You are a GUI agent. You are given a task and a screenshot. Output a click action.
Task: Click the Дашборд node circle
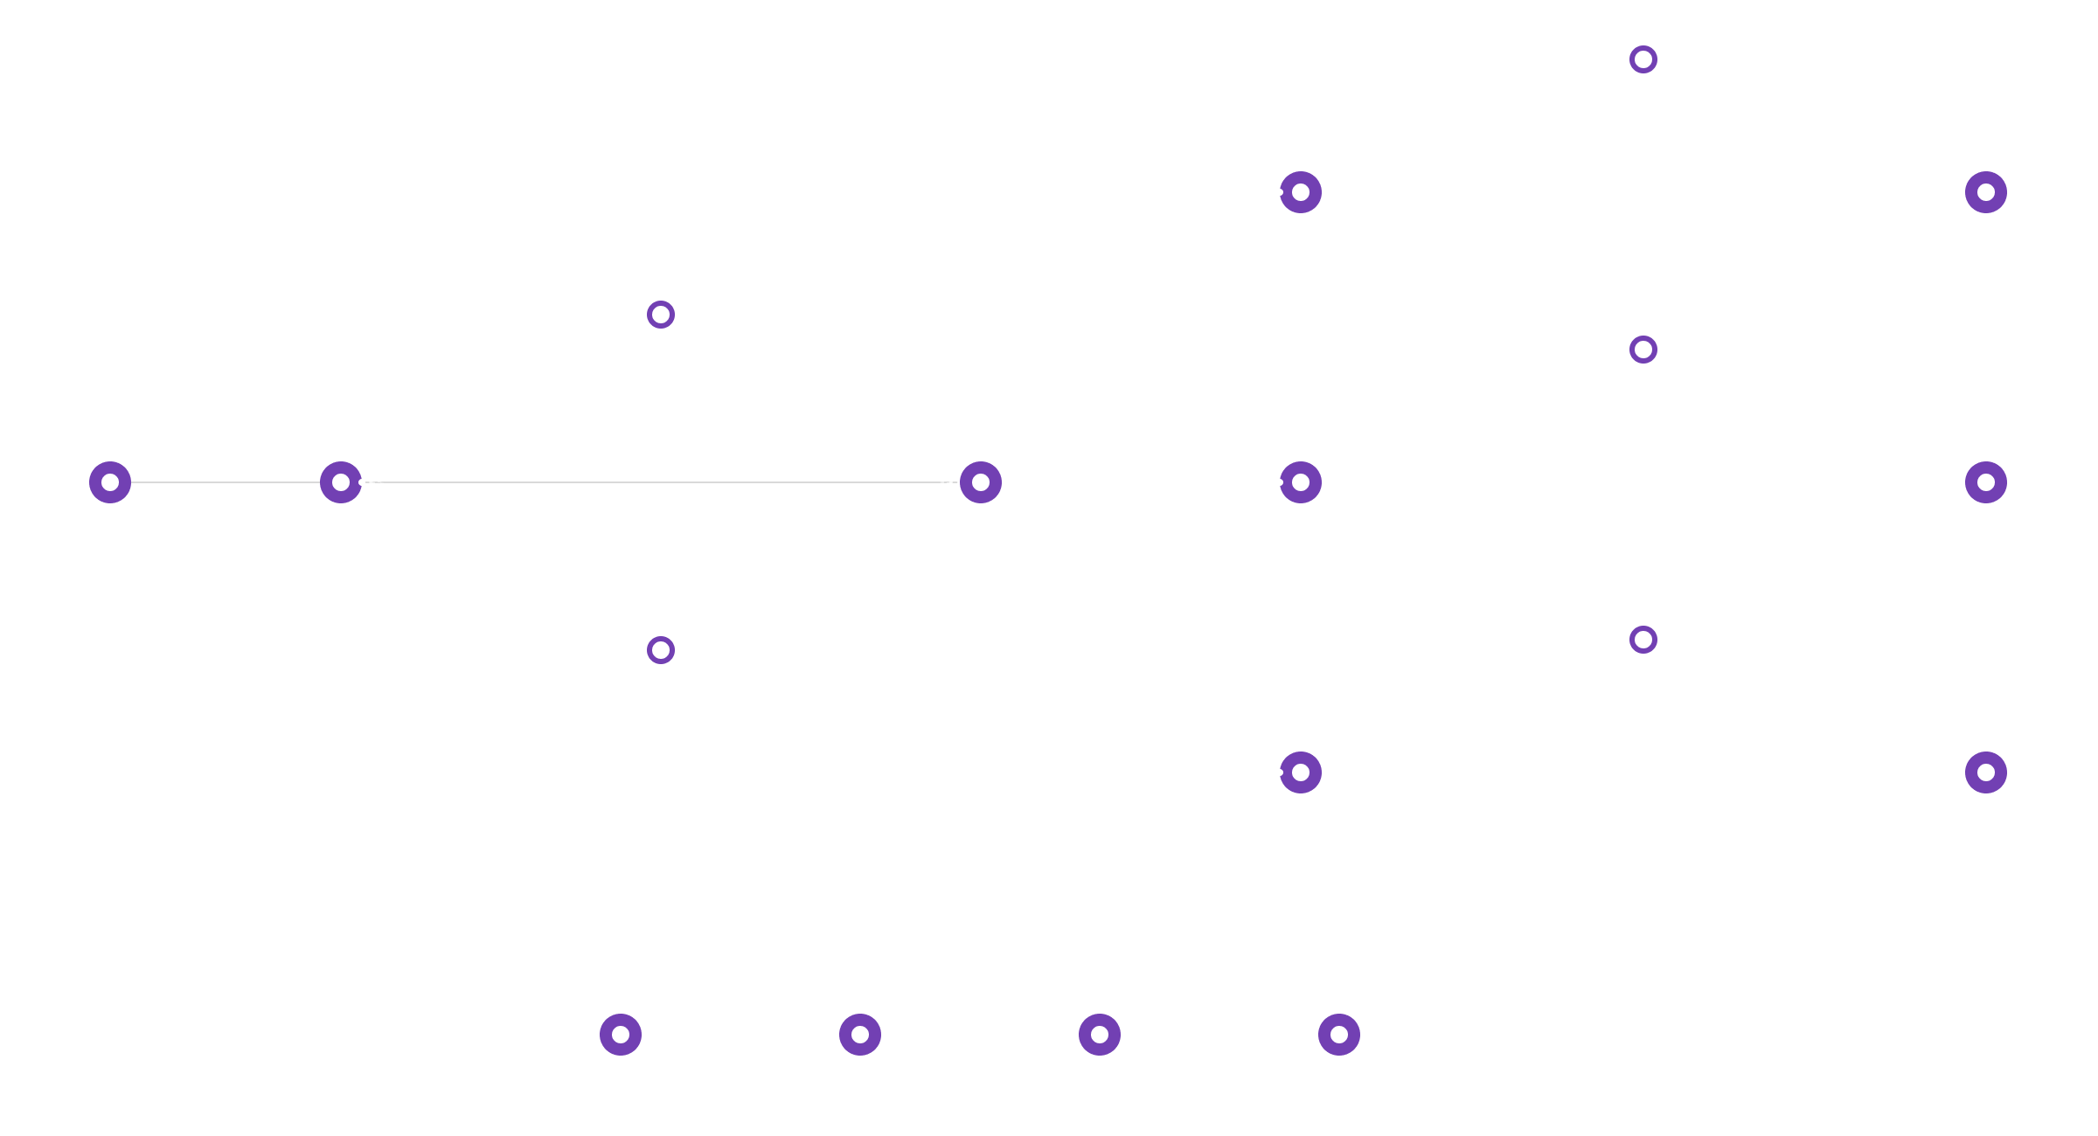pyautogui.click(x=981, y=482)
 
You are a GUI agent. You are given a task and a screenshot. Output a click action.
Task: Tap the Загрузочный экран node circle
pyautogui.click(x=110, y=482)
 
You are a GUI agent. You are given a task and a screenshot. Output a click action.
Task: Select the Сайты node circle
pyautogui.click(x=1301, y=192)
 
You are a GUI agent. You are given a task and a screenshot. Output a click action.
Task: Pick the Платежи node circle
pyautogui.click(x=1301, y=482)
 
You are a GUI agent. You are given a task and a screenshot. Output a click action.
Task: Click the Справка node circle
pyautogui.click(x=1301, y=772)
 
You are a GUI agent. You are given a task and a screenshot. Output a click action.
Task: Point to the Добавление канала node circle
pyautogui.click(x=1986, y=192)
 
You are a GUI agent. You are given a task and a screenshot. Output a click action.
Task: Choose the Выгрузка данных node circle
pyautogui.click(x=1986, y=482)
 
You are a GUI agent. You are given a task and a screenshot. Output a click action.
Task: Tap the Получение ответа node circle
pyautogui.click(x=1986, y=772)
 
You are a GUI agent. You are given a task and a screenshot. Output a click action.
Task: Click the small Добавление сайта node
pyautogui.click(x=1643, y=59)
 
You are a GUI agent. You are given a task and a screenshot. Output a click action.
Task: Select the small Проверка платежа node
pyautogui.click(x=1643, y=350)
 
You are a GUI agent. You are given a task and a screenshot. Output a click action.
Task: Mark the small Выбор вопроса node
pyautogui.click(x=1643, y=640)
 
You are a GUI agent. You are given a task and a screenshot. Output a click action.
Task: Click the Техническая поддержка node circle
pyautogui.click(x=621, y=1035)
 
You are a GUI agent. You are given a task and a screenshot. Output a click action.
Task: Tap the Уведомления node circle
pyautogui.click(x=860, y=1035)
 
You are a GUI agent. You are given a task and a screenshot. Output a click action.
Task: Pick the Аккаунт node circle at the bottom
pyautogui.click(x=1100, y=1035)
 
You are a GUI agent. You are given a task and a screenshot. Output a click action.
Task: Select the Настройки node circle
pyautogui.click(x=1339, y=1035)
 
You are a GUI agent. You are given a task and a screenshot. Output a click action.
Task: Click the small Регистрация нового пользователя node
pyautogui.click(x=661, y=314)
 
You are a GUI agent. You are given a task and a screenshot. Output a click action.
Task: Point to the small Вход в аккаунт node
pyautogui.click(x=661, y=649)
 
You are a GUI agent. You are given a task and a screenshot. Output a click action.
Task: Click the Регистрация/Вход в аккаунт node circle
pyautogui.click(x=341, y=482)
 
